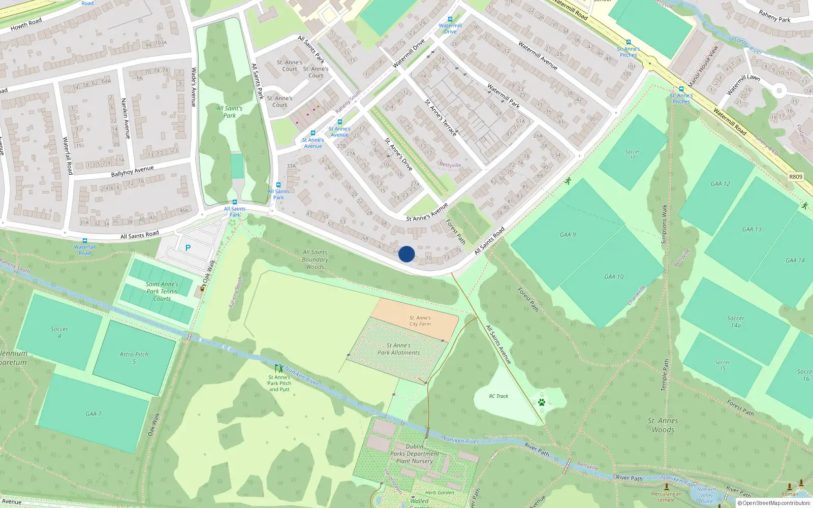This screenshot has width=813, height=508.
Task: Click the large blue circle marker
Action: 407,254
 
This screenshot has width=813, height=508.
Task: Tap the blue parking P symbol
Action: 188,248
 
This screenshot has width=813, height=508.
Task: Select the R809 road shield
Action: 796,177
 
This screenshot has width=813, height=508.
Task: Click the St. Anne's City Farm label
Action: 420,321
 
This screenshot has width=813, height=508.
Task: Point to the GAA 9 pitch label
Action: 568,235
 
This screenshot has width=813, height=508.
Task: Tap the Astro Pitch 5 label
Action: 134,358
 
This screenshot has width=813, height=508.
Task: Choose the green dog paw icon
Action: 542,402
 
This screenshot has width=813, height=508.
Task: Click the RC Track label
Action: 498,396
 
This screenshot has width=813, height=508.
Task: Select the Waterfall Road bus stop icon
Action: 85,241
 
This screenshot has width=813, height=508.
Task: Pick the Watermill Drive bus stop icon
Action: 450,19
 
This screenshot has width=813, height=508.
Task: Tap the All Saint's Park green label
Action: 229,112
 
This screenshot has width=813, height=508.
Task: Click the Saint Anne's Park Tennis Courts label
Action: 162,292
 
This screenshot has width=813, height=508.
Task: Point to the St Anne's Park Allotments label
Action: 398,349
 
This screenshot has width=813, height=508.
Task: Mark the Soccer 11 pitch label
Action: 632,154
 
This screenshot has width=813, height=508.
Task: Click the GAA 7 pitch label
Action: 93,414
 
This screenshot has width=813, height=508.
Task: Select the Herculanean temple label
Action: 666,496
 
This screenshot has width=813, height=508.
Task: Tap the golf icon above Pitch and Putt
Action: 278,368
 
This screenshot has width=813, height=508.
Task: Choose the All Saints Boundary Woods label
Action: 315,259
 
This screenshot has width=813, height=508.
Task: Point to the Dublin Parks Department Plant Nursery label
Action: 415,454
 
